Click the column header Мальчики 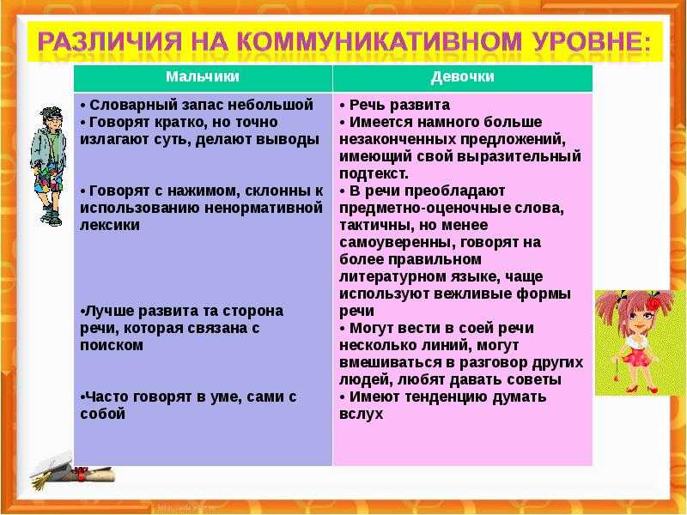pyautogui.click(x=203, y=76)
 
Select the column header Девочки pyautogui.click(x=462, y=76)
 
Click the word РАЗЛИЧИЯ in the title pyautogui.click(x=109, y=41)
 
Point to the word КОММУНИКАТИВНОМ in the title pyautogui.click(x=380, y=41)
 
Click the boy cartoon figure pyautogui.click(x=49, y=166)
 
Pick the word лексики pyautogui.click(x=110, y=225)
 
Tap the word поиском pyautogui.click(x=112, y=345)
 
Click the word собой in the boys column pyautogui.click(x=102, y=414)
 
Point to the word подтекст pyautogui.click(x=374, y=174)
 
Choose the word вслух pyautogui.click(x=361, y=415)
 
